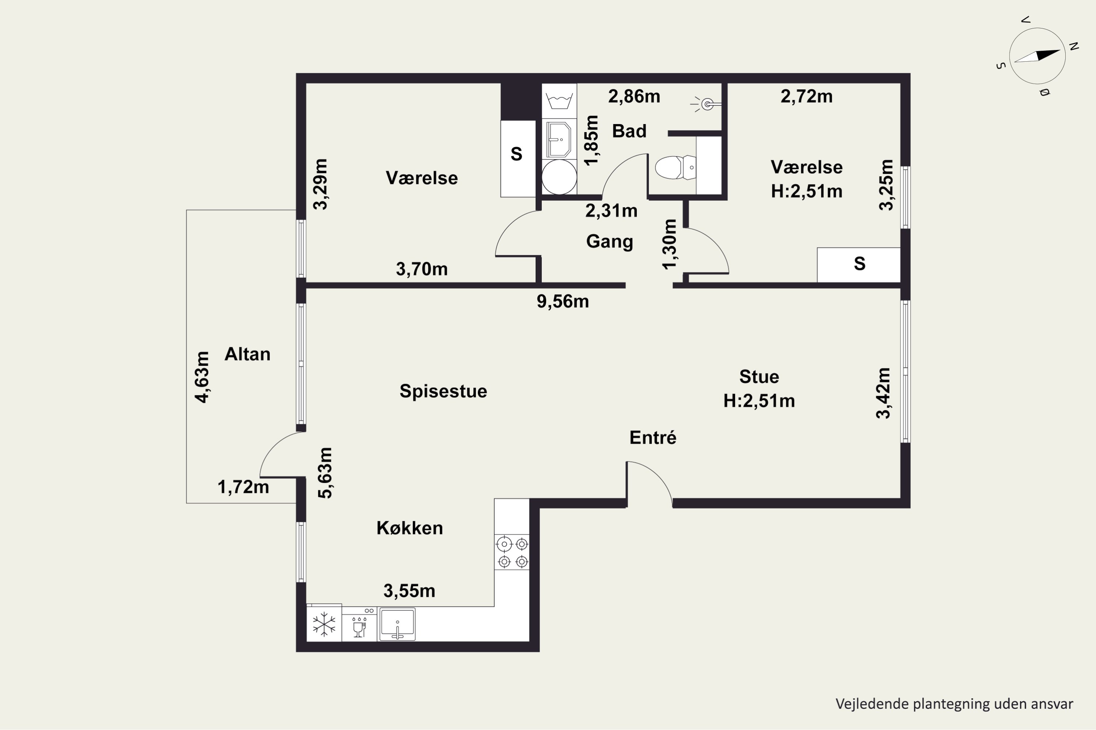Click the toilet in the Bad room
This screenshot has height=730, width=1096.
pos(675,168)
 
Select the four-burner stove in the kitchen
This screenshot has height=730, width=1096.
pos(512,553)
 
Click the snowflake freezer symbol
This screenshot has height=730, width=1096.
pos(324,624)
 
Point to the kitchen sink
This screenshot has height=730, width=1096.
pos(397,624)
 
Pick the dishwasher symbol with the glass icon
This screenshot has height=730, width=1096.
pos(359,624)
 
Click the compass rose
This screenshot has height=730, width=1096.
pos(1037,56)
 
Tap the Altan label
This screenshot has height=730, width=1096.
pos(247,354)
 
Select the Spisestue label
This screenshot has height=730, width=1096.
pos(443,391)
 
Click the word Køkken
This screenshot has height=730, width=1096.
pos(410,528)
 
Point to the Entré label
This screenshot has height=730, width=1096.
pos(653,438)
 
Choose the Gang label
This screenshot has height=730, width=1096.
pos(609,242)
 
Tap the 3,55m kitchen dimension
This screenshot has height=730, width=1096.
pos(410,591)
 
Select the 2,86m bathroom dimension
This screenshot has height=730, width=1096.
pos(634,96)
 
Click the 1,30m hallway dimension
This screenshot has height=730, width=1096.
pos(670,245)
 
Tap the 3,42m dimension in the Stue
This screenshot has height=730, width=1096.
pos(883,393)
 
